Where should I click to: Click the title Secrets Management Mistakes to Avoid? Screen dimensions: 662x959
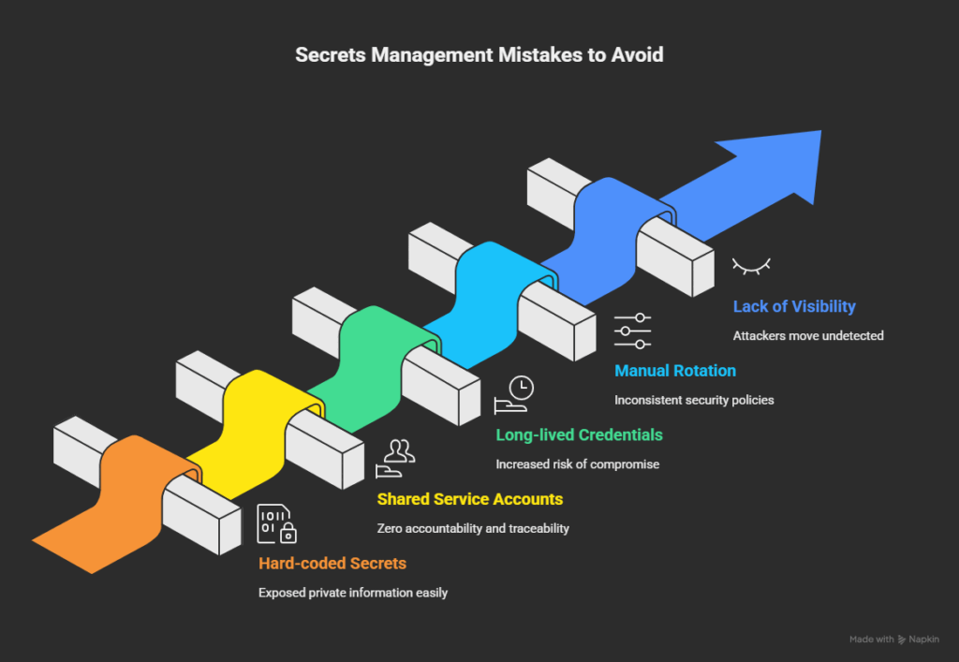coord(479,54)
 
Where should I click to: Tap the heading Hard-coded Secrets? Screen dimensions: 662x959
coord(332,564)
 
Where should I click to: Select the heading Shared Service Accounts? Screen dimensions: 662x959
coord(469,499)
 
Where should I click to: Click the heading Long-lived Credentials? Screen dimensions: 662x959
coord(579,434)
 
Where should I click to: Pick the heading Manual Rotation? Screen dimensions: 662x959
coord(674,371)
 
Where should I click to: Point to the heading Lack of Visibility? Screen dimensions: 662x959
coord(794,306)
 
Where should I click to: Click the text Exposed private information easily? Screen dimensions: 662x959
coord(353,593)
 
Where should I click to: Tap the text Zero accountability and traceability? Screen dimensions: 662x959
coord(472,528)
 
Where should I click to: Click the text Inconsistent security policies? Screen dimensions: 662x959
coord(694,400)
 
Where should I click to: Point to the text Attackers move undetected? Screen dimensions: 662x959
coord(808,335)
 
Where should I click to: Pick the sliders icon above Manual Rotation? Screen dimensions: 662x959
coord(633,331)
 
